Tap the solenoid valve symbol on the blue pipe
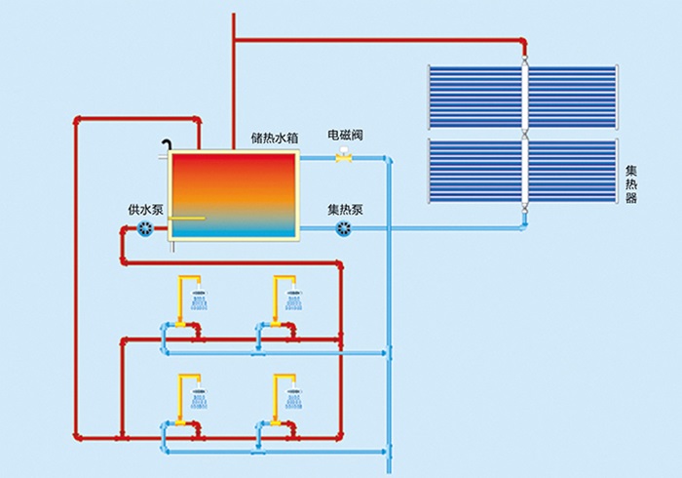pos(343,158)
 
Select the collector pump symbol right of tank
pos(343,229)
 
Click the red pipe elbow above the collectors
pos(523,42)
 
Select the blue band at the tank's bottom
pos(233,232)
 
